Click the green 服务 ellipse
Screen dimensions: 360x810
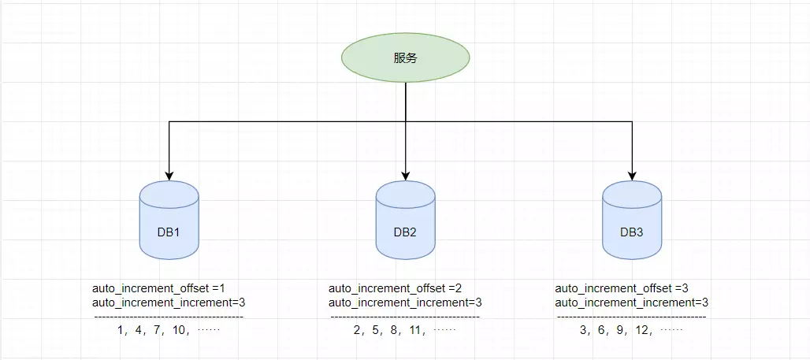pyautogui.click(x=405, y=58)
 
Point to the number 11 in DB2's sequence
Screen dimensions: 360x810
pyautogui.click(x=414, y=331)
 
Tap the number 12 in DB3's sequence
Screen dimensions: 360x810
pyautogui.click(x=641, y=331)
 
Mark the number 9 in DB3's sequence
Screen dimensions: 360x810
pyautogui.click(x=622, y=331)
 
